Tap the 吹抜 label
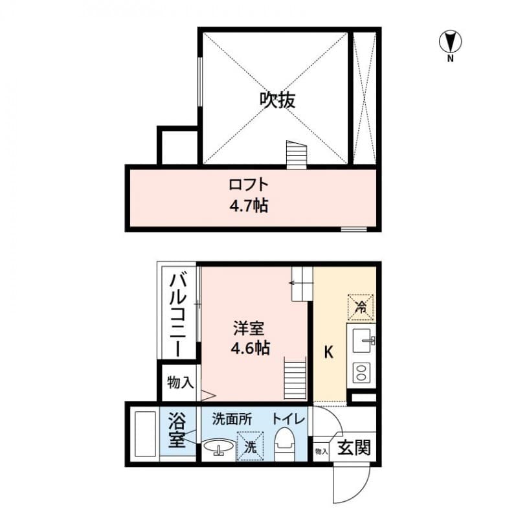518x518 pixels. pyautogui.click(x=278, y=100)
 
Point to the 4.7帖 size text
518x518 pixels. pyautogui.click(x=248, y=207)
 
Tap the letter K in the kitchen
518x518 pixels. pyautogui.click(x=328, y=353)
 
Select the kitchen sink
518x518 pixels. pyautogui.click(x=362, y=339)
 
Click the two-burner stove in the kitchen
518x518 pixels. pyautogui.click(x=361, y=372)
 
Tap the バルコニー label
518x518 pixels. pyautogui.click(x=178, y=315)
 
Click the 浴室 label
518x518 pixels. pyautogui.click(x=177, y=431)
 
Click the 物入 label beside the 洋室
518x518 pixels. pyautogui.click(x=179, y=382)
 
